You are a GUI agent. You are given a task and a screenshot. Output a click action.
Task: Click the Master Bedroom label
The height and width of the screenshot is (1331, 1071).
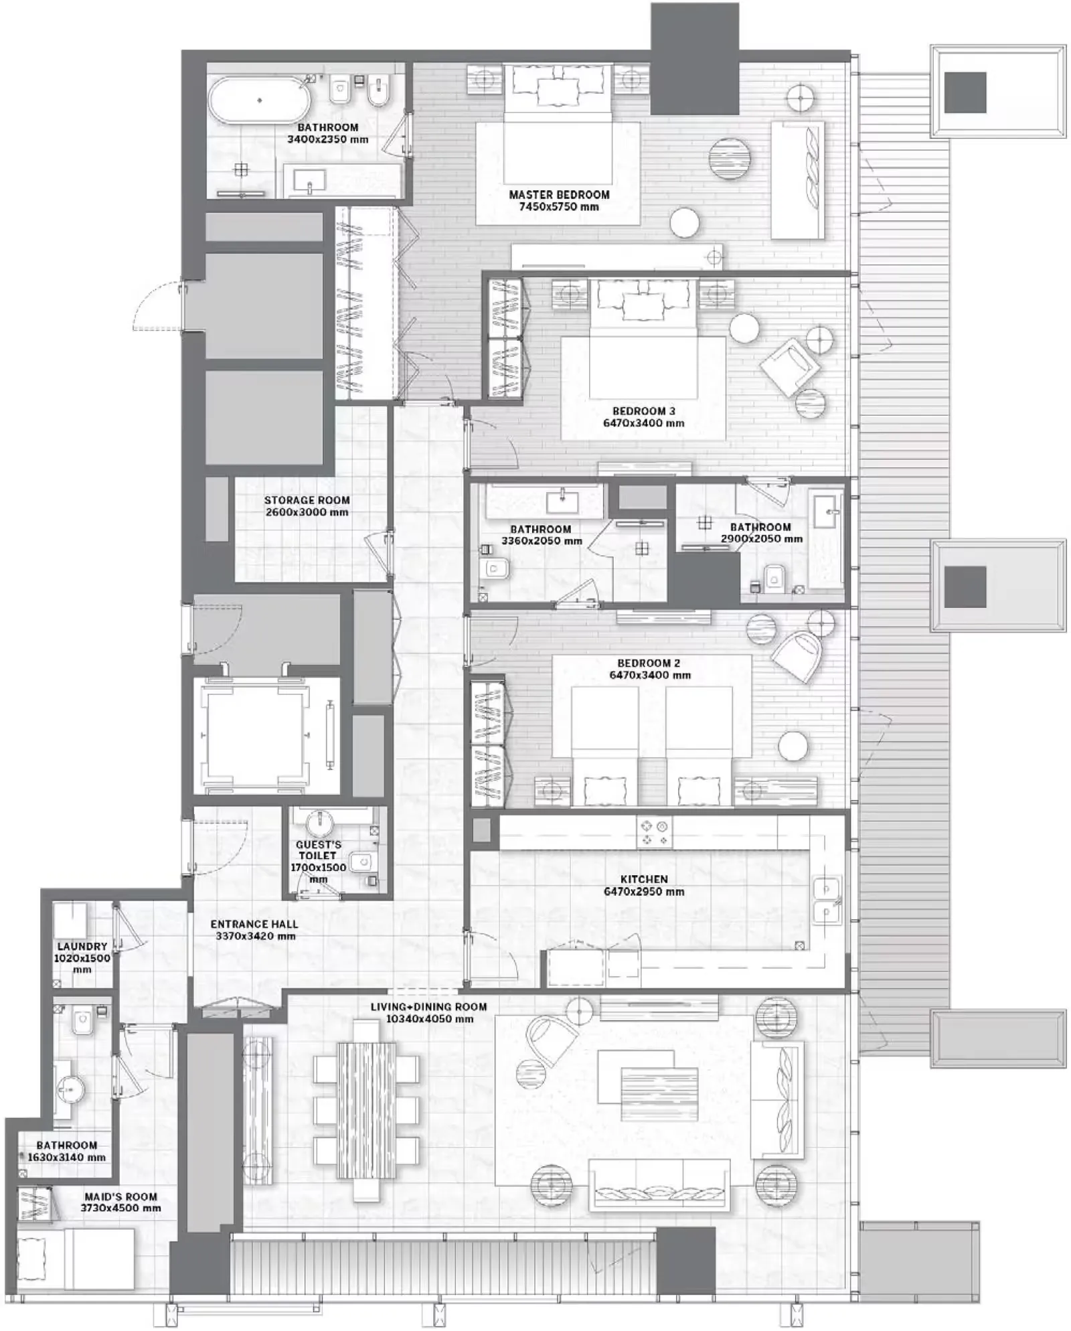pyautogui.click(x=559, y=195)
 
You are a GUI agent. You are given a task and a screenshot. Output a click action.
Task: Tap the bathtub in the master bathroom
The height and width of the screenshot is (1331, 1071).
pyautogui.click(x=259, y=100)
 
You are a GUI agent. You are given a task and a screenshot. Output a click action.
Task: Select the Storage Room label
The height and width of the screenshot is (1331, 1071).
pyautogui.click(x=307, y=500)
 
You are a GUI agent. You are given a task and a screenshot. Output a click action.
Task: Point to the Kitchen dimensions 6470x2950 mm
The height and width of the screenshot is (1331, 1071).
pyautogui.click(x=644, y=892)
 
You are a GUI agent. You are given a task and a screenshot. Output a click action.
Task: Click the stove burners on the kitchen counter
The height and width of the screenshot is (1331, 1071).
pyautogui.click(x=654, y=833)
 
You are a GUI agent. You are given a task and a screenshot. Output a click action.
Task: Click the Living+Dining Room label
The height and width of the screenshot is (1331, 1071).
pyautogui.click(x=429, y=1007)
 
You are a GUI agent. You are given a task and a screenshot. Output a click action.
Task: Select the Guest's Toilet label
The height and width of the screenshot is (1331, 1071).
pyautogui.click(x=318, y=850)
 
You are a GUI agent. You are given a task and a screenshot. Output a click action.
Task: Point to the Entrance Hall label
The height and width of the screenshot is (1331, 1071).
pyautogui.click(x=254, y=924)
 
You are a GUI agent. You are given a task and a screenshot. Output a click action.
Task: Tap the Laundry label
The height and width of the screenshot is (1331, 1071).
pyautogui.click(x=82, y=947)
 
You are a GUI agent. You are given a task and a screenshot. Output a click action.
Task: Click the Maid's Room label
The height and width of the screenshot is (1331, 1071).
pyautogui.click(x=120, y=1196)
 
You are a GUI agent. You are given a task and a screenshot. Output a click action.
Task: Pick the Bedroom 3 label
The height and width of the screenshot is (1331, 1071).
pyautogui.click(x=643, y=411)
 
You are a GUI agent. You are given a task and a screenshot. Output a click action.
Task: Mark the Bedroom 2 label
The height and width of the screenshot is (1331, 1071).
pyautogui.click(x=649, y=663)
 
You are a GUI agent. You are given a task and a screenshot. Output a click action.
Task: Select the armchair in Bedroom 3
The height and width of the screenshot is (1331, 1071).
pyautogui.click(x=790, y=366)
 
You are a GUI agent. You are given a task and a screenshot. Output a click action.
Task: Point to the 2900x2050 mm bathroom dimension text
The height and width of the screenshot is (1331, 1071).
pyautogui.click(x=761, y=539)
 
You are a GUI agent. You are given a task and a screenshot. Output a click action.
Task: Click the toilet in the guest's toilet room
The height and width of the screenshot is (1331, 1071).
pyautogui.click(x=361, y=860)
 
